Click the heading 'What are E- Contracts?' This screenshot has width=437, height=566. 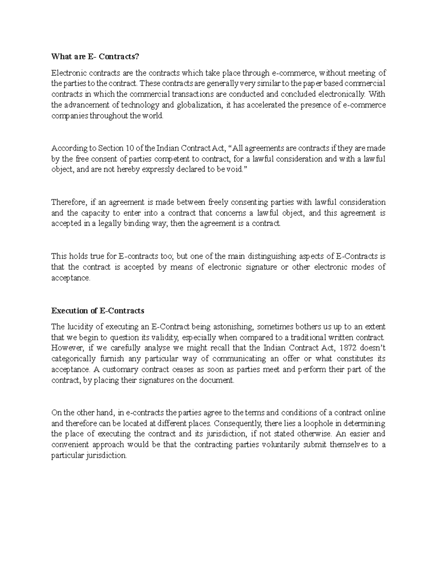pos(95,56)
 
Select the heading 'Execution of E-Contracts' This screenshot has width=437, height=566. pos(98,311)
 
